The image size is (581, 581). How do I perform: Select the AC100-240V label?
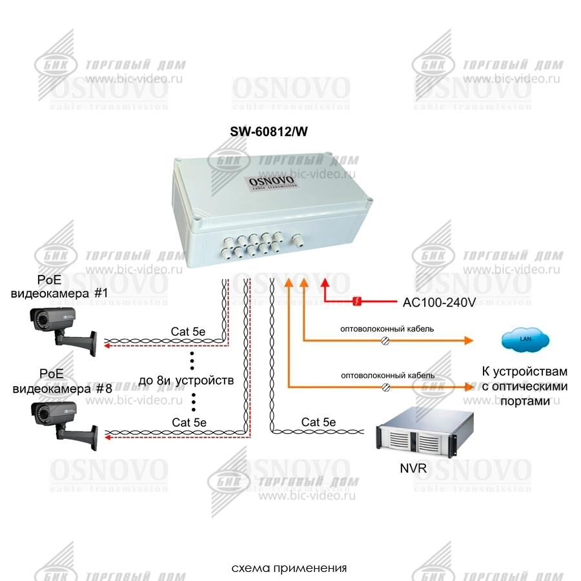pyautogui.click(x=439, y=301)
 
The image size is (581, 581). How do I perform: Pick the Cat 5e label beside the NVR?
pyautogui.click(x=318, y=422)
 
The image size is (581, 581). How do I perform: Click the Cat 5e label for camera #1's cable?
pyautogui.click(x=188, y=331)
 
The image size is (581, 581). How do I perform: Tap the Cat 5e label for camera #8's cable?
pyautogui.click(x=189, y=422)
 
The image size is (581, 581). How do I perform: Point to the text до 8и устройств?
pyautogui.click(x=186, y=380)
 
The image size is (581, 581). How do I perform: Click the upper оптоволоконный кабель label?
pyautogui.click(x=387, y=329)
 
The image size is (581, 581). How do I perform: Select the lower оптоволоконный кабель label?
pyautogui.click(x=387, y=375)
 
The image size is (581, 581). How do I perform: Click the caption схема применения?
pyautogui.click(x=289, y=569)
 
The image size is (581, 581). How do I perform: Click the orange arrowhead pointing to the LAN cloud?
pyautogui.click(x=469, y=340)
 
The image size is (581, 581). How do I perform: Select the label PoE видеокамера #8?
pyautogui.click(x=62, y=381)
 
